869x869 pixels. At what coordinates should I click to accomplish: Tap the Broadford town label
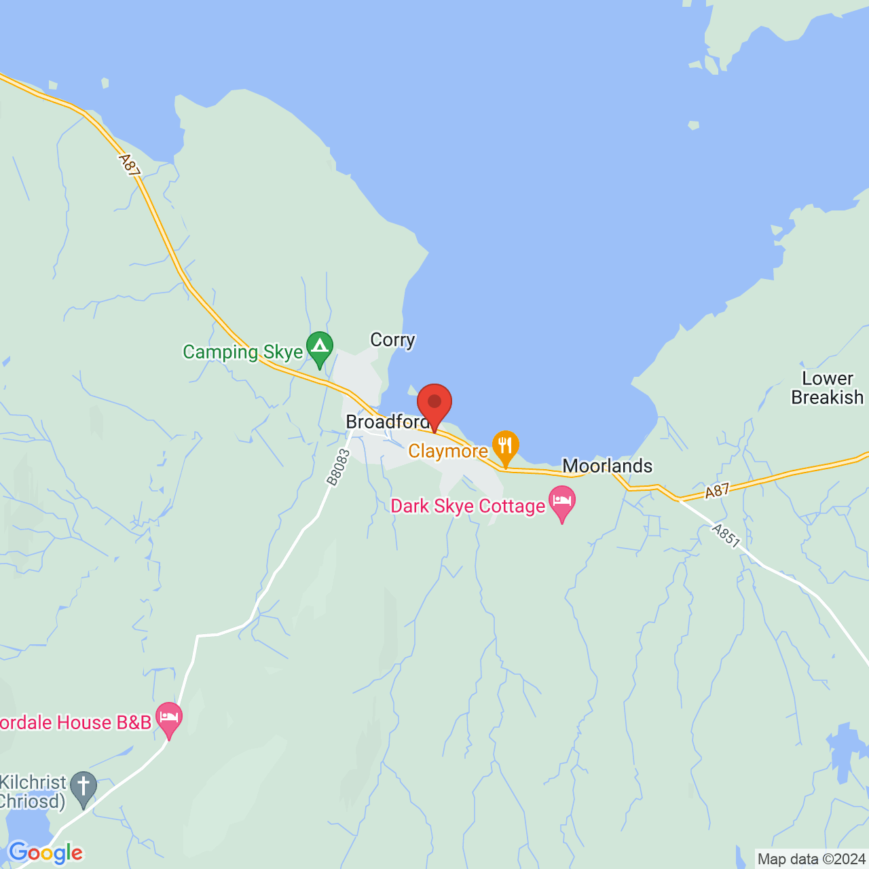click(x=388, y=422)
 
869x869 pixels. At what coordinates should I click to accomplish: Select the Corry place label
click(x=392, y=339)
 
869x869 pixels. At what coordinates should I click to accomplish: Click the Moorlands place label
click(x=608, y=466)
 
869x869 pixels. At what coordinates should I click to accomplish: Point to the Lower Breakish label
click(x=828, y=388)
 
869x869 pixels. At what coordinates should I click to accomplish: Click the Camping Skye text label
click(x=242, y=352)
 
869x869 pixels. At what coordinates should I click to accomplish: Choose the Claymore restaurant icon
click(x=505, y=447)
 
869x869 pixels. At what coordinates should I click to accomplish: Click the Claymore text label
click(x=448, y=451)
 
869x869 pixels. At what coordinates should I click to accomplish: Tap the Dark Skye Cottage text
click(x=468, y=506)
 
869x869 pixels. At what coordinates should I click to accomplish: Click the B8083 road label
click(x=338, y=468)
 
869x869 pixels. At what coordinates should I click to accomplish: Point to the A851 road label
click(x=726, y=536)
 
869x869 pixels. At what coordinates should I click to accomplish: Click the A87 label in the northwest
click(x=129, y=166)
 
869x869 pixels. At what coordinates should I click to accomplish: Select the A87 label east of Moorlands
click(x=717, y=490)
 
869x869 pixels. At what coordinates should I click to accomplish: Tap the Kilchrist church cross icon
click(x=84, y=788)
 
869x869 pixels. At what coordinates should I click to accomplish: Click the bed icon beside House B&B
click(x=169, y=718)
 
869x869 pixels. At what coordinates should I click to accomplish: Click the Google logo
click(x=45, y=853)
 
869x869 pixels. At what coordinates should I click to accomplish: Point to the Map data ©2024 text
click(x=812, y=859)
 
